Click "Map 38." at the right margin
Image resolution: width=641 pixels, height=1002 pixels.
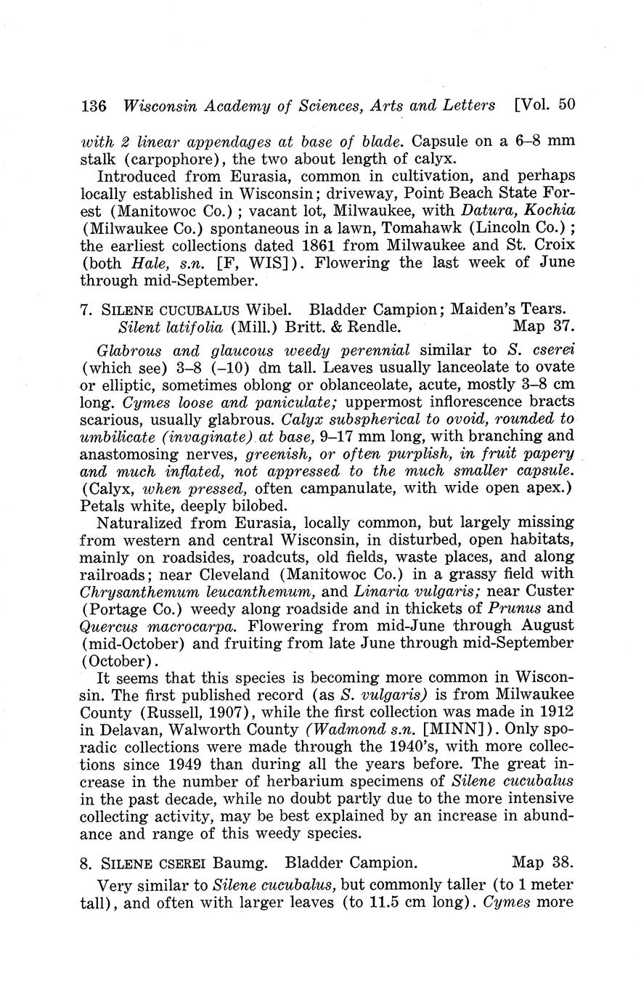pos(543,863)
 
